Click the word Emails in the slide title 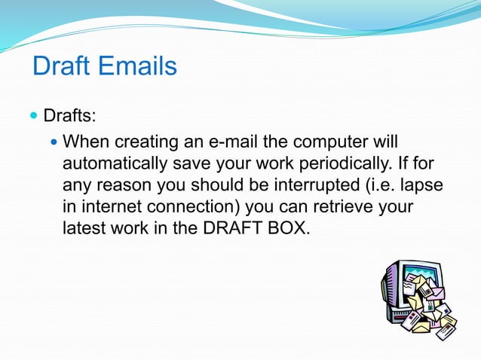135,66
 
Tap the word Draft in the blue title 60,66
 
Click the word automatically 115,163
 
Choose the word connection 194,206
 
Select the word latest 84,227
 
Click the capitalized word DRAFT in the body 225,227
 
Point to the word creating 146,141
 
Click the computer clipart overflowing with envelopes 418,297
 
